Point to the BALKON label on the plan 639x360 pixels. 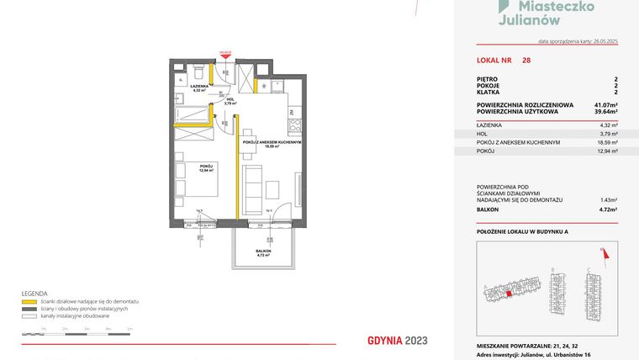pos(264,251)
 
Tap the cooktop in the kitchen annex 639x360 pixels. pos(293,126)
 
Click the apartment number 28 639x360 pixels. pos(526,61)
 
